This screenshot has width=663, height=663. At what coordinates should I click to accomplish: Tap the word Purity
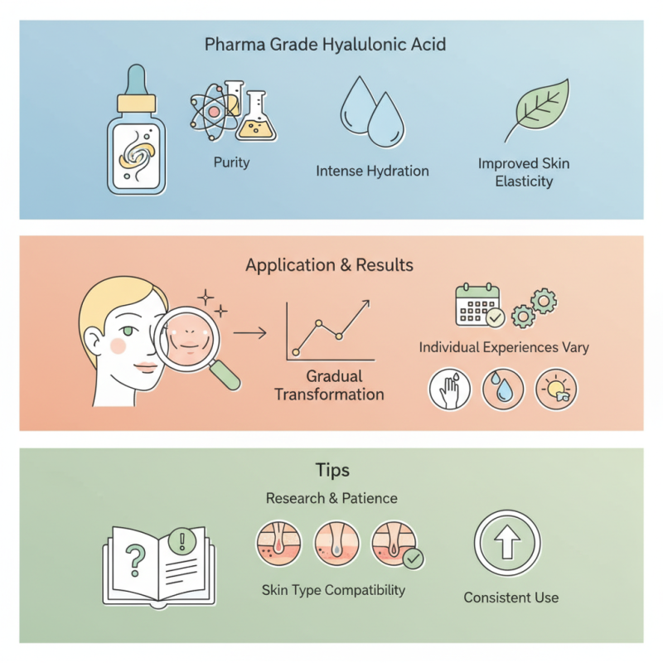(x=231, y=162)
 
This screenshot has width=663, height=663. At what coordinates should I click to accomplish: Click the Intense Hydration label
(x=372, y=172)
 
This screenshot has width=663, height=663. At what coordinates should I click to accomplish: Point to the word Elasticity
(x=523, y=181)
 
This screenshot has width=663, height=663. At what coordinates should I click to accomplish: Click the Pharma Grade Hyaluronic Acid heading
(x=325, y=44)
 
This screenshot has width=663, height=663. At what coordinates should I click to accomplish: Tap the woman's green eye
(x=125, y=331)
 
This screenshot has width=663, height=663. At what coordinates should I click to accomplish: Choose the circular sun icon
(x=556, y=389)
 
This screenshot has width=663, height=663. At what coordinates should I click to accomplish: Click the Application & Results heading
(x=329, y=266)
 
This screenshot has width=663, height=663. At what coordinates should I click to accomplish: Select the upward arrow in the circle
(x=507, y=544)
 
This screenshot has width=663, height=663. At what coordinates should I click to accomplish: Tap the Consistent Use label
(x=511, y=598)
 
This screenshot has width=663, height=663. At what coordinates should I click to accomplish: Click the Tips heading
(x=332, y=470)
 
